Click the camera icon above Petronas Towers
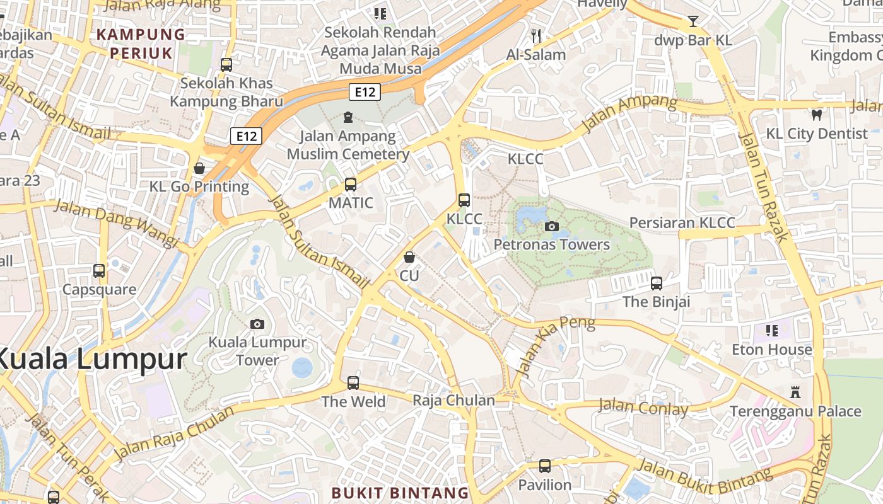tap(552, 227)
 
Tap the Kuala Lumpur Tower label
tap(257, 352)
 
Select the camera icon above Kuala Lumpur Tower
tap(257, 324)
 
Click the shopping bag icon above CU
tap(409, 257)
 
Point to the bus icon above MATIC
tap(351, 185)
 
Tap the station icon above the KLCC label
tap(464, 200)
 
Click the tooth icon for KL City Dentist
tap(817, 115)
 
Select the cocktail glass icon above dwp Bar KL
tap(693, 21)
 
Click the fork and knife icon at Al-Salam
tap(536, 36)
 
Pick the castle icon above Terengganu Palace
tap(795, 392)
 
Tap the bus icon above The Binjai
tap(657, 283)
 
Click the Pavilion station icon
tap(545, 466)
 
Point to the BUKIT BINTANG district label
tap(400, 493)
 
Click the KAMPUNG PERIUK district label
tap(141, 43)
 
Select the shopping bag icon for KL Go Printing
tap(199, 168)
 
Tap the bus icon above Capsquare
tap(99, 271)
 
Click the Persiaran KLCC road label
tap(682, 223)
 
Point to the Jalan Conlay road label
tap(643, 408)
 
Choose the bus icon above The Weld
tap(353, 382)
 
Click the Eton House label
tap(772, 350)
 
